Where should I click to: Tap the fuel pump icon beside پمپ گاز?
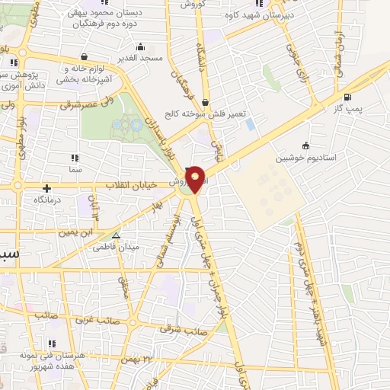tap(348, 96)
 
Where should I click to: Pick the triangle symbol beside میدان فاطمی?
tap(116, 236)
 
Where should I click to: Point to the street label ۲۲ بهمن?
tap(142, 358)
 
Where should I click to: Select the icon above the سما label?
tap(75, 158)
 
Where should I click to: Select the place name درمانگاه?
tap(47, 200)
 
